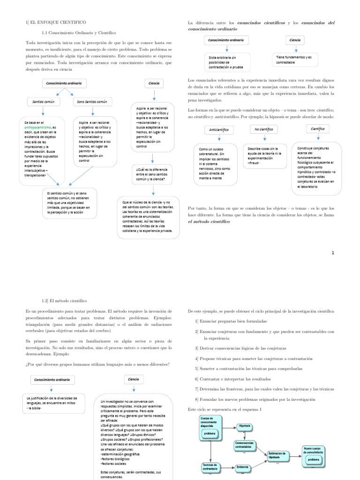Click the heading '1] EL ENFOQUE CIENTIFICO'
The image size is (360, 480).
(55, 22)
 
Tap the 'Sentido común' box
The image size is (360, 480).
(43, 101)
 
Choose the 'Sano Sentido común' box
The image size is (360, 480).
(93, 101)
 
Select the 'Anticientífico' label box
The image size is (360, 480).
(219, 129)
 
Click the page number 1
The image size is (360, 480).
(333, 253)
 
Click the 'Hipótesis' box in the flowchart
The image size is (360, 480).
(245, 427)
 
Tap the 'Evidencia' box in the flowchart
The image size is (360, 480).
(242, 467)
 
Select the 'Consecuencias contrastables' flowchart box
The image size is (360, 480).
(246, 446)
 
